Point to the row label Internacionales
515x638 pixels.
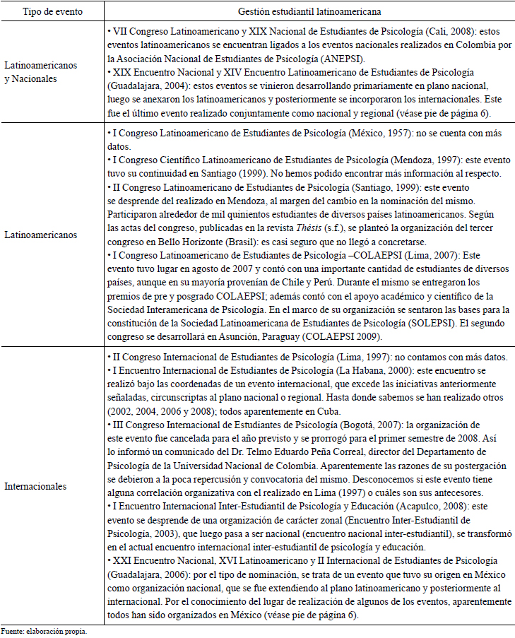pos(37,487)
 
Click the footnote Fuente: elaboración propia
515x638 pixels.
pos(44,631)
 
